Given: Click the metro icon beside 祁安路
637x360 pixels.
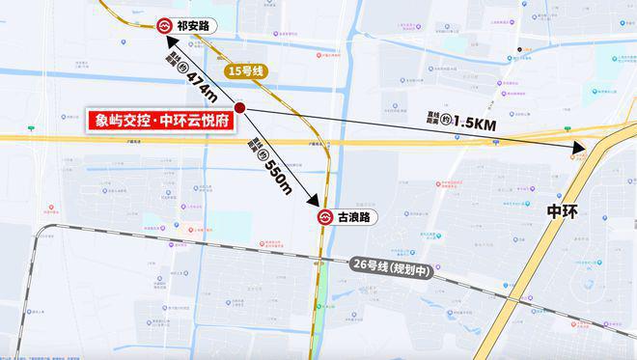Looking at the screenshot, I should click(x=164, y=27).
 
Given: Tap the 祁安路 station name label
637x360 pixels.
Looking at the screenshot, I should click(x=194, y=27).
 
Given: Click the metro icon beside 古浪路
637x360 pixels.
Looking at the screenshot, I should click(x=325, y=218).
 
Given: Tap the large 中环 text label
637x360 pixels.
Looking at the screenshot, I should click(x=568, y=210).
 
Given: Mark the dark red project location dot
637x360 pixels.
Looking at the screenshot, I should click(x=240, y=108).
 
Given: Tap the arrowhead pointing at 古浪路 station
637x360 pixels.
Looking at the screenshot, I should click(x=315, y=202).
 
